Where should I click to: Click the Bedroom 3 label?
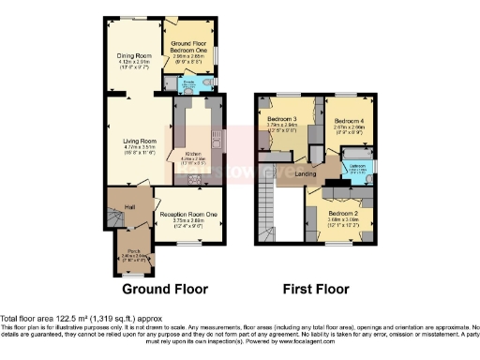[x=281, y=120]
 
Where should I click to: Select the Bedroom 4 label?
[x=348, y=120]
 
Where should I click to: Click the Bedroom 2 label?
[x=342, y=212]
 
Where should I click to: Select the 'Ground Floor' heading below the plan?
[x=165, y=289]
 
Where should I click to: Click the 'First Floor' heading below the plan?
[x=317, y=290]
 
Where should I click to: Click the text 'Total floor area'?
[x=27, y=320]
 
